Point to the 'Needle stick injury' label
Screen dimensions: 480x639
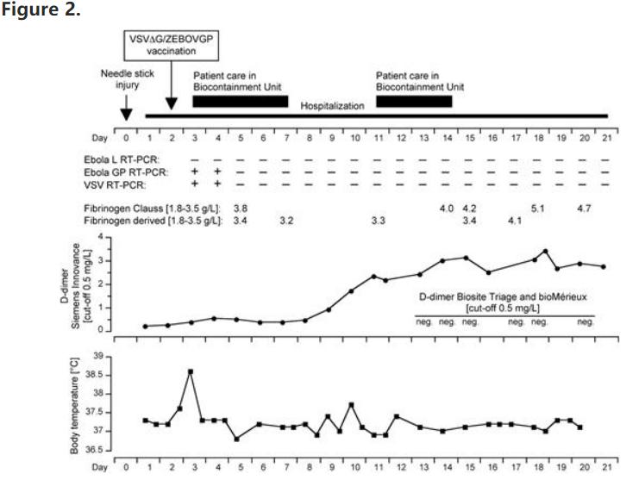[x=121, y=79]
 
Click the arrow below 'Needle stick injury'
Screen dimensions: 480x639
[x=126, y=110]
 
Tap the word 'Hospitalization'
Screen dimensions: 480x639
[x=332, y=105]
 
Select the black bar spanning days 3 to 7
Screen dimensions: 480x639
[x=240, y=102]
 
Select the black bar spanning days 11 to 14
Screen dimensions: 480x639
[x=414, y=102]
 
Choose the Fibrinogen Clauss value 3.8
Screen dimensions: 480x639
[x=241, y=209]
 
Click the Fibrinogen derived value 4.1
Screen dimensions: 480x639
[x=515, y=221]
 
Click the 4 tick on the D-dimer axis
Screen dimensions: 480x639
[x=101, y=237]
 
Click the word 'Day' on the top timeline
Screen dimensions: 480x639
[x=100, y=137]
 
